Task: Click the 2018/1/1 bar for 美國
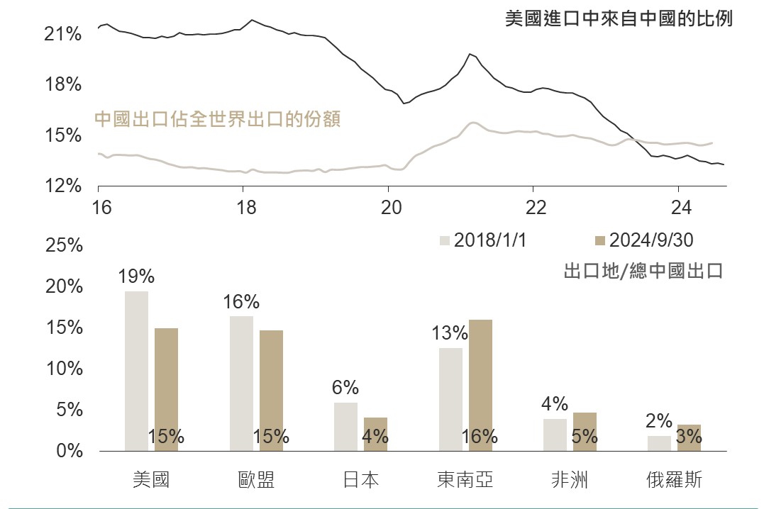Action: coord(136,371)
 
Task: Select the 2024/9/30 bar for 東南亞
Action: coord(480,385)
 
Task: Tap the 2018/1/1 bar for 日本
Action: coord(345,427)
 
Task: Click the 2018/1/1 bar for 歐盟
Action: coord(241,383)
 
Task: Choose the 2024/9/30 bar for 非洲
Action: coord(585,432)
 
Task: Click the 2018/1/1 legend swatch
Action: coord(445,240)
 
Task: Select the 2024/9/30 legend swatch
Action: coord(600,240)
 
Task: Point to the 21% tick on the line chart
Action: coord(63,34)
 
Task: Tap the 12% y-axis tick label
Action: coord(63,186)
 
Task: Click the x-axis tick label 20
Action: coord(392,208)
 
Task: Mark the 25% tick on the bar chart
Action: coord(63,246)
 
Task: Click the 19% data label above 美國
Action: coord(136,276)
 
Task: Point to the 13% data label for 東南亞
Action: coord(450,333)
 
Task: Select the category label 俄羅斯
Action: coord(674,480)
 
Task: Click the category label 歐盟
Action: coord(256,480)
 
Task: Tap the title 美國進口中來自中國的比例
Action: coord(618,18)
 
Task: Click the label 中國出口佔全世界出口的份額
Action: coord(217,118)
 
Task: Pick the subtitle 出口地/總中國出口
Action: coord(643,271)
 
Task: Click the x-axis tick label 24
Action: coord(681,208)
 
